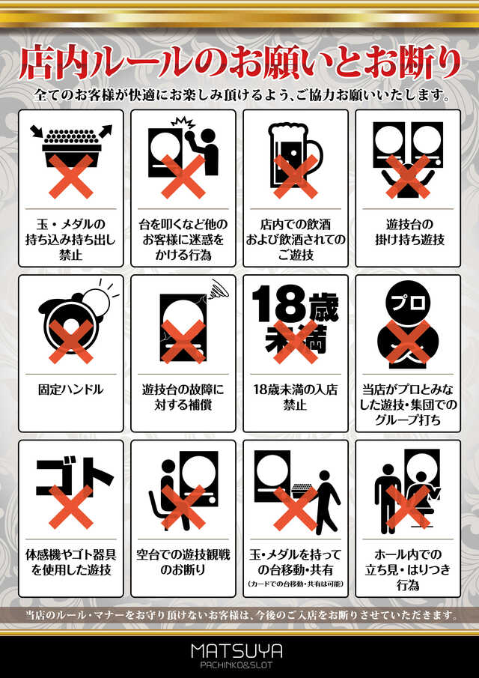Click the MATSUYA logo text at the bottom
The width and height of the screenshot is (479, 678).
(x=239, y=650)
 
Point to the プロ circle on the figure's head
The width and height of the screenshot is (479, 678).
(x=408, y=302)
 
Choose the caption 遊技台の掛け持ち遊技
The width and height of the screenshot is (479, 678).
(x=407, y=232)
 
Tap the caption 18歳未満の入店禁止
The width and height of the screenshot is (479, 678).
(x=295, y=398)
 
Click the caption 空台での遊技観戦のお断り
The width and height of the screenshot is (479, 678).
(x=183, y=562)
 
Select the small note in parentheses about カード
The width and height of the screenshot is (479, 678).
(x=295, y=584)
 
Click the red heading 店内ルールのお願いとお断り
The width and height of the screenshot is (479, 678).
(x=239, y=64)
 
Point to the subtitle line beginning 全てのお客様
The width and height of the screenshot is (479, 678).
(x=239, y=97)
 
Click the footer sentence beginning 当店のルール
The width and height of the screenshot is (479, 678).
(x=239, y=615)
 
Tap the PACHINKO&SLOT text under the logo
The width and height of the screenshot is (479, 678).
(x=239, y=664)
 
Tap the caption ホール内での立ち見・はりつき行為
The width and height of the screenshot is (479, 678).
(x=407, y=569)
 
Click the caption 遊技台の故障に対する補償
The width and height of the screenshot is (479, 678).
(x=183, y=398)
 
